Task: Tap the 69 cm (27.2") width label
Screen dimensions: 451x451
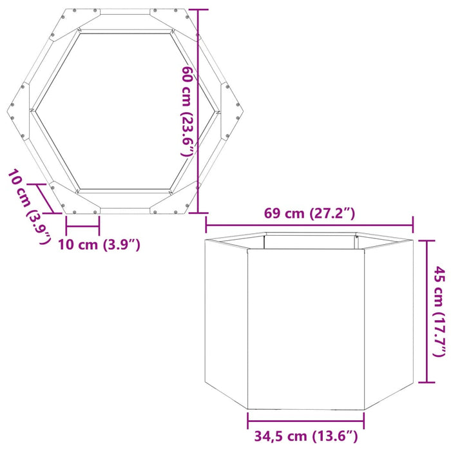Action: tap(309, 213)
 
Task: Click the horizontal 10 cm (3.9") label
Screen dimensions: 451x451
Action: tap(99, 245)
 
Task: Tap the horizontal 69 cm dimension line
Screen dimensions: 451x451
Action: tap(309, 224)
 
